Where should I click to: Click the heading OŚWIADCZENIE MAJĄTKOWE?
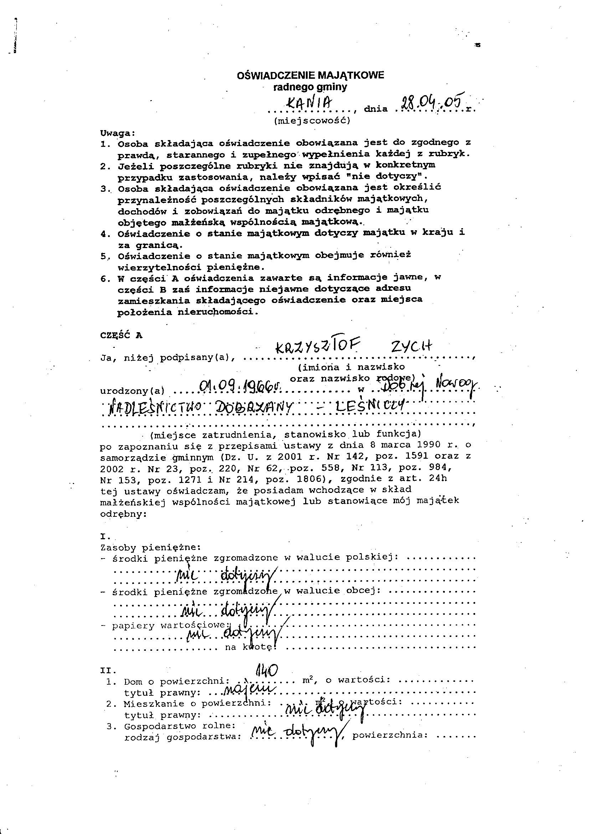(310, 76)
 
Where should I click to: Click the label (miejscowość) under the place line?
(312, 121)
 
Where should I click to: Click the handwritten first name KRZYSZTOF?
(317, 347)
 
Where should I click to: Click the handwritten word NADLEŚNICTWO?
(154, 407)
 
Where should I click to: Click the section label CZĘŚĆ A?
(121, 335)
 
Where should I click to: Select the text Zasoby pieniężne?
(150, 547)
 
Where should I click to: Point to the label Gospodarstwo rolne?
(179, 726)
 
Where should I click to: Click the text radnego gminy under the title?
(310, 87)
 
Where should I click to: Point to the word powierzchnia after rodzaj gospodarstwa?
(390, 736)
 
